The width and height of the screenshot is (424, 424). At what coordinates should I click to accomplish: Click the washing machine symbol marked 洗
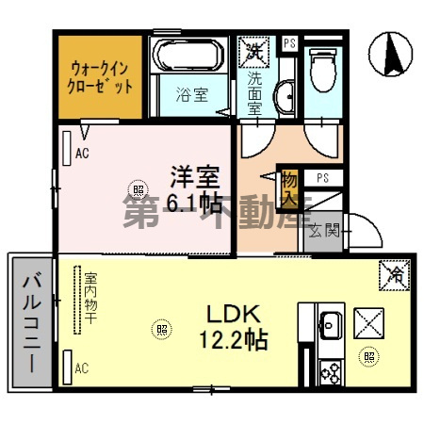coord(255,49)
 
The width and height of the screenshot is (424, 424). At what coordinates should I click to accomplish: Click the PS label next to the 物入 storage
coord(322,177)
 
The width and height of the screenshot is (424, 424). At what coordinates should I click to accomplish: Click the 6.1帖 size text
coord(192,202)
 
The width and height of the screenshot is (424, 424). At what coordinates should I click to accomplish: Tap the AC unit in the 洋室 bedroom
coord(69,146)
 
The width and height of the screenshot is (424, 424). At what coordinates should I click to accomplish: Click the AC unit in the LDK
coord(68,366)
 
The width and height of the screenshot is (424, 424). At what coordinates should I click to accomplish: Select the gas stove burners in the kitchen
coord(328,370)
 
